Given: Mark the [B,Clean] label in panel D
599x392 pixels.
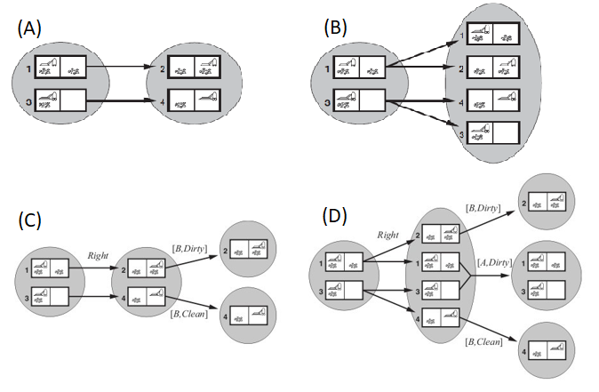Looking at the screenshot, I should click(484, 341).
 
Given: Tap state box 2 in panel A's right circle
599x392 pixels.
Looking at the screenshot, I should click(195, 67).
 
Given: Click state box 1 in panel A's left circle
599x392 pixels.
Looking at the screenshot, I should click(60, 67).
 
